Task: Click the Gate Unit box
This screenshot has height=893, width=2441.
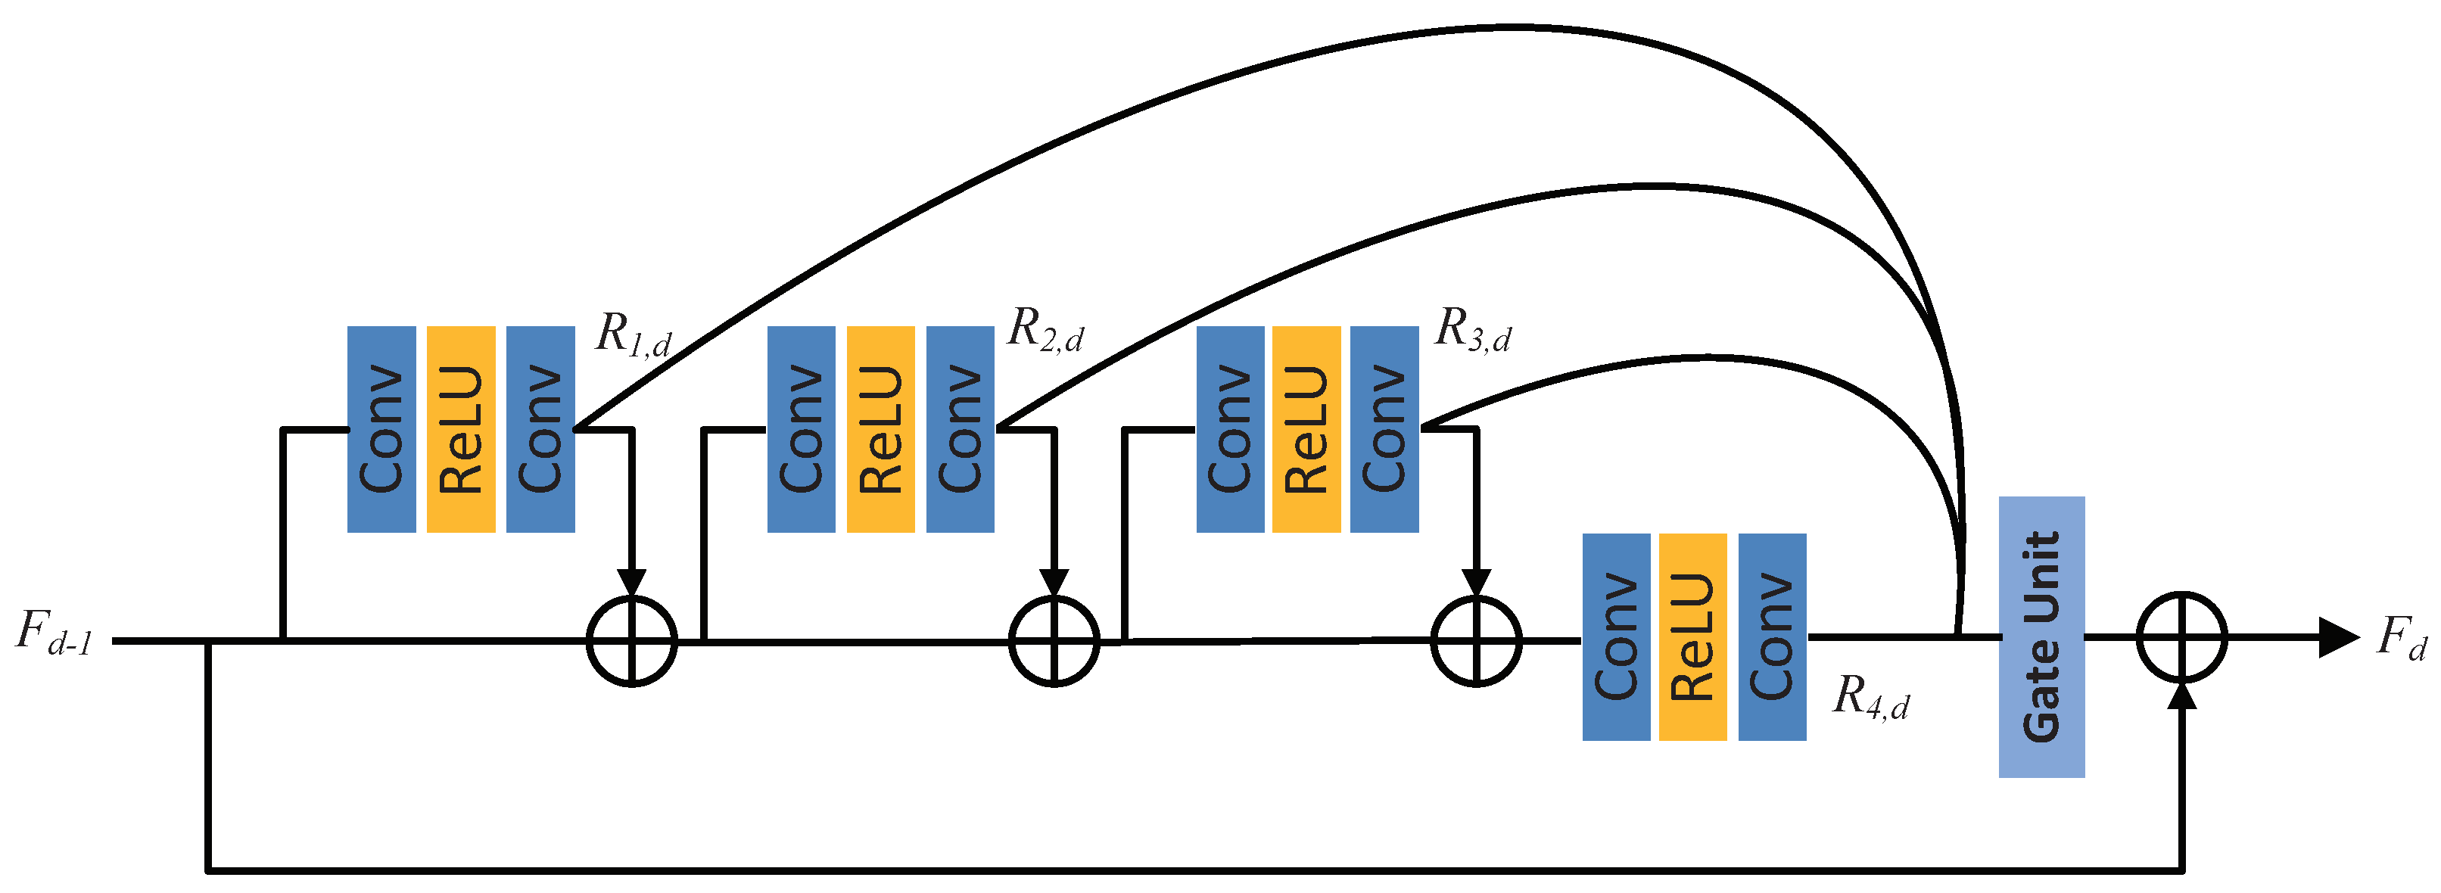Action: (x=2041, y=636)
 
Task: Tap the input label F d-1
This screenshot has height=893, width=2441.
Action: (x=54, y=633)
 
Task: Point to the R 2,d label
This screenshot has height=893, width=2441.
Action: (x=1045, y=329)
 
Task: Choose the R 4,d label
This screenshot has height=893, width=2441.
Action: (x=1870, y=697)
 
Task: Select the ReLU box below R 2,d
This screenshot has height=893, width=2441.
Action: (x=880, y=429)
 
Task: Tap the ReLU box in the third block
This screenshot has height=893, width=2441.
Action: (x=1306, y=429)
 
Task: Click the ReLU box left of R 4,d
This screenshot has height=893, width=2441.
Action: (x=1692, y=636)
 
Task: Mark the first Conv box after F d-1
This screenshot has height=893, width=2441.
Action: (x=381, y=429)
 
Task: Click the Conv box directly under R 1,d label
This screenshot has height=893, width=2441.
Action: (x=540, y=429)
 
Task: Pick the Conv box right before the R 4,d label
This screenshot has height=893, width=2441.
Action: (x=1772, y=636)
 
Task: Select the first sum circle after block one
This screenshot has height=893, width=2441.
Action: (x=632, y=641)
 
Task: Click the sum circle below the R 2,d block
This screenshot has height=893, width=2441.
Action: (x=1054, y=641)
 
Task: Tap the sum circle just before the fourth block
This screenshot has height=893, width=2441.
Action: (x=1475, y=641)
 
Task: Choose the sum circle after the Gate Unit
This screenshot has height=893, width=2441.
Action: (x=2181, y=636)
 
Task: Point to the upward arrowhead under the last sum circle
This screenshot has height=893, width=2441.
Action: (x=2181, y=695)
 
